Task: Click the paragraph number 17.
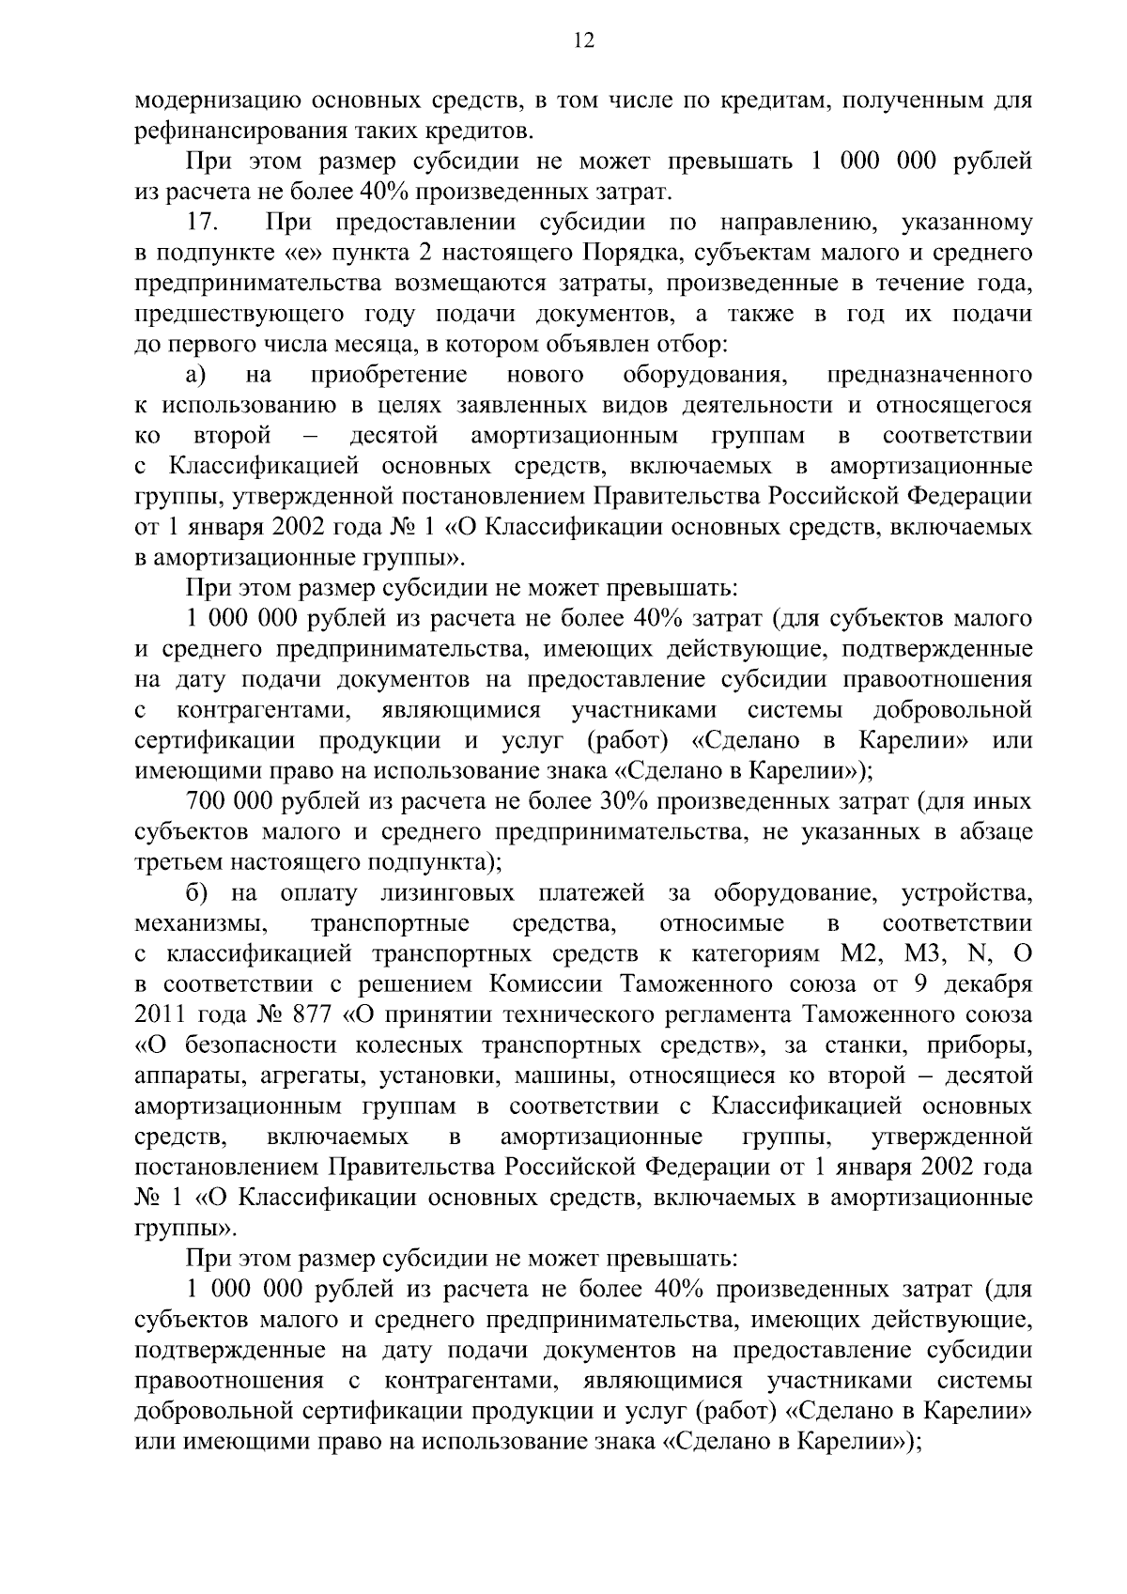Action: [x=204, y=223]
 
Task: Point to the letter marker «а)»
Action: [x=195, y=375]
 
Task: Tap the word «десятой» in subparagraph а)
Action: [x=394, y=436]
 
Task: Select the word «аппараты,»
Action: [x=184, y=1076]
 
